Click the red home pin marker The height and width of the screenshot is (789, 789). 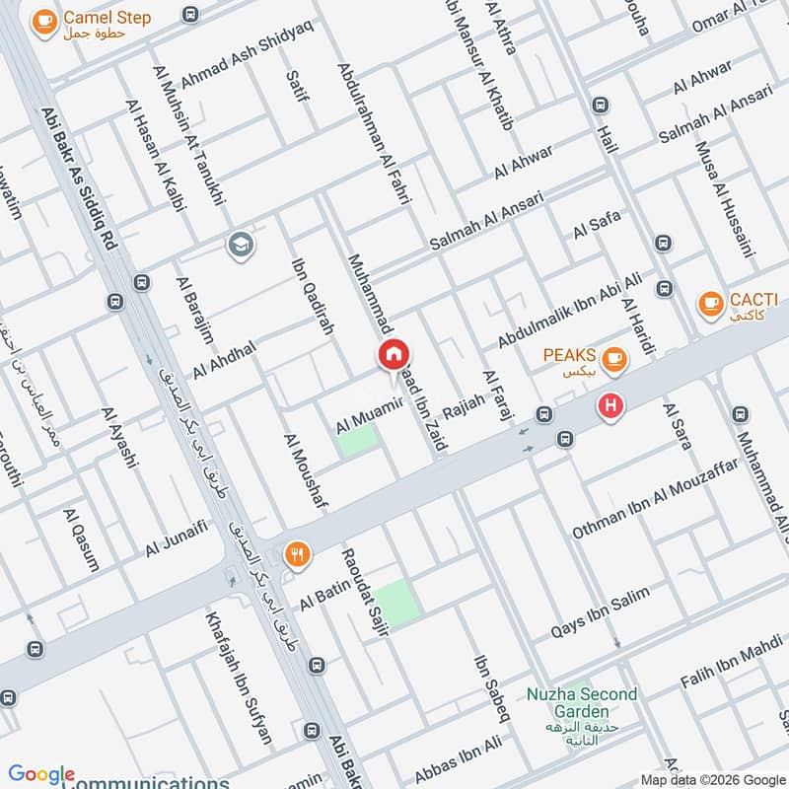[x=394, y=355]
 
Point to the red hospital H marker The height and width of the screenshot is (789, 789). [x=611, y=405]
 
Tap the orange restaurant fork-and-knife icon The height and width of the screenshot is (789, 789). [x=297, y=555]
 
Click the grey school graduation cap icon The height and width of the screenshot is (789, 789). [x=240, y=246]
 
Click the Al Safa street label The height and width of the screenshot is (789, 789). [x=596, y=225]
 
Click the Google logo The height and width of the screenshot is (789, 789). [x=41, y=775]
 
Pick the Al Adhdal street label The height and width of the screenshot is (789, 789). [x=224, y=359]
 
